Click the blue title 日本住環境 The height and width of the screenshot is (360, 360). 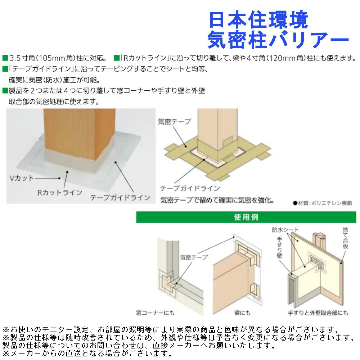point(258,21)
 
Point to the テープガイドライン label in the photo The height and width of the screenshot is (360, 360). point(120,197)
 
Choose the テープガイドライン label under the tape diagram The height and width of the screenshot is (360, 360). point(190,188)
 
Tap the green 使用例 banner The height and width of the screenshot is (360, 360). point(246,217)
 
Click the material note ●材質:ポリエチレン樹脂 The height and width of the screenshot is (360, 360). point(323,203)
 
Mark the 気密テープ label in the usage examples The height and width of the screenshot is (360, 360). point(194,257)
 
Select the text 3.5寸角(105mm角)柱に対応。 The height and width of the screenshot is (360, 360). point(58,58)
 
